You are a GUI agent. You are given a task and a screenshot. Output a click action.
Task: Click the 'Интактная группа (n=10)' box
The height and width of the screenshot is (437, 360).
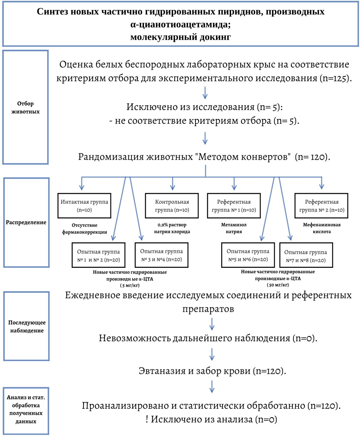pyautogui.click(x=84, y=206)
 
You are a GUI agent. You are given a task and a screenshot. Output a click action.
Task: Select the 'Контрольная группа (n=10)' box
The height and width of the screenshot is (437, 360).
pyautogui.click(x=172, y=206)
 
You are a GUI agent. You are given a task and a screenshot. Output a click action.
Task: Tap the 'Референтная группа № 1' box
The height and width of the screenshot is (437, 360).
pyautogui.click(x=234, y=206)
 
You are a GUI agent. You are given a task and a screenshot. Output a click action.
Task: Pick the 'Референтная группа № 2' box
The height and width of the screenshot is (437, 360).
pyautogui.click(x=321, y=206)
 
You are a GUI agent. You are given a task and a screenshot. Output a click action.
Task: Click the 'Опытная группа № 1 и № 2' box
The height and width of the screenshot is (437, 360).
pyautogui.click(x=99, y=255)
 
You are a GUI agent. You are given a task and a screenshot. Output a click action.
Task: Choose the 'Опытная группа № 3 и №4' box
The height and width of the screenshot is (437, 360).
pyautogui.click(x=161, y=255)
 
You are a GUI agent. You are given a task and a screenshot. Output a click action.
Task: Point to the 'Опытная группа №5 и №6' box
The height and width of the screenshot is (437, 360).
pyautogui.click(x=248, y=255)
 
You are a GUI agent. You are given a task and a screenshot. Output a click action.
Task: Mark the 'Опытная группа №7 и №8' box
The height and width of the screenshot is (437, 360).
pyautogui.click(x=306, y=255)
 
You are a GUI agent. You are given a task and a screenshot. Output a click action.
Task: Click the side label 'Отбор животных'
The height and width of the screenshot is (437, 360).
pyautogui.click(x=25, y=107)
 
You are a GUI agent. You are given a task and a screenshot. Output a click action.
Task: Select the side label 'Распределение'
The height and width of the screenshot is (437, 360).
pyautogui.click(x=26, y=222)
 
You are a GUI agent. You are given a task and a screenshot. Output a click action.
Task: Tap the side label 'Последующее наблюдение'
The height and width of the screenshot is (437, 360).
pyautogui.click(x=27, y=326)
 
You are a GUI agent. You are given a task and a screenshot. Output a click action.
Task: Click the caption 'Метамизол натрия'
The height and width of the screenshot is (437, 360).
pyautogui.click(x=234, y=228)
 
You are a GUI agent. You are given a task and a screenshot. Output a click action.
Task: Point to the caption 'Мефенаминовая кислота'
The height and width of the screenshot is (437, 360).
pyautogui.click(x=322, y=228)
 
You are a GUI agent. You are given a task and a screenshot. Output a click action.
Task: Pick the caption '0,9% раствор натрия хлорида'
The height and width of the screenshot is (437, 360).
pyautogui.click(x=172, y=228)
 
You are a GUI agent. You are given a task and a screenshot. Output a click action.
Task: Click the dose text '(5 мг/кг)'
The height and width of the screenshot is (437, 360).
pyautogui.click(x=130, y=285)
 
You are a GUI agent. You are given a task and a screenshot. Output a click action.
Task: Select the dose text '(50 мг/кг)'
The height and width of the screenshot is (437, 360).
pyautogui.click(x=278, y=285)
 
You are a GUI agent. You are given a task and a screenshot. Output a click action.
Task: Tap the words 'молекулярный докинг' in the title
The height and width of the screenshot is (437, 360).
pyautogui.click(x=181, y=37)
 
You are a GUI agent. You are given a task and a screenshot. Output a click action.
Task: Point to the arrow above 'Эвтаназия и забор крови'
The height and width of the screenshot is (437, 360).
pyautogui.click(x=212, y=354)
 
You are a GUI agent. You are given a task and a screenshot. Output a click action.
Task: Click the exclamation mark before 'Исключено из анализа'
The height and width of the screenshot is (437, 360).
pyautogui.click(x=147, y=419)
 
